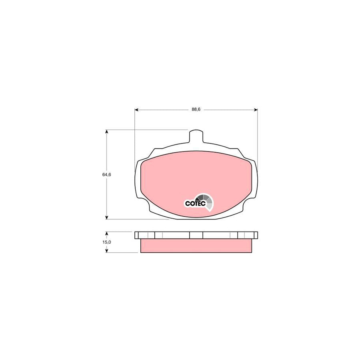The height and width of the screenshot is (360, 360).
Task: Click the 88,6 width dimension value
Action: tap(196, 110)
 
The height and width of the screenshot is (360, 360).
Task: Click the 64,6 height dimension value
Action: tap(106, 174)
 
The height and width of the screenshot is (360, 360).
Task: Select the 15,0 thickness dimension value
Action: tap(106, 242)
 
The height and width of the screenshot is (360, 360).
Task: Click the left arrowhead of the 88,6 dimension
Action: tap(136, 110)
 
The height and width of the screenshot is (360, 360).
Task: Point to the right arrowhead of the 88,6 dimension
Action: tap(256, 110)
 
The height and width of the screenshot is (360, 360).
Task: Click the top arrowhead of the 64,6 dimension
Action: tap(106, 132)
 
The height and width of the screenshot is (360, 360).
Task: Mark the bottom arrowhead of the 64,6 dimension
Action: tap(106, 218)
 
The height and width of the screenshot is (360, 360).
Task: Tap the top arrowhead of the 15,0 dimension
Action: tap(106, 234)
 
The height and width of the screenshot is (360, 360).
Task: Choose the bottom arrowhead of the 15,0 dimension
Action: tap(106, 251)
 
